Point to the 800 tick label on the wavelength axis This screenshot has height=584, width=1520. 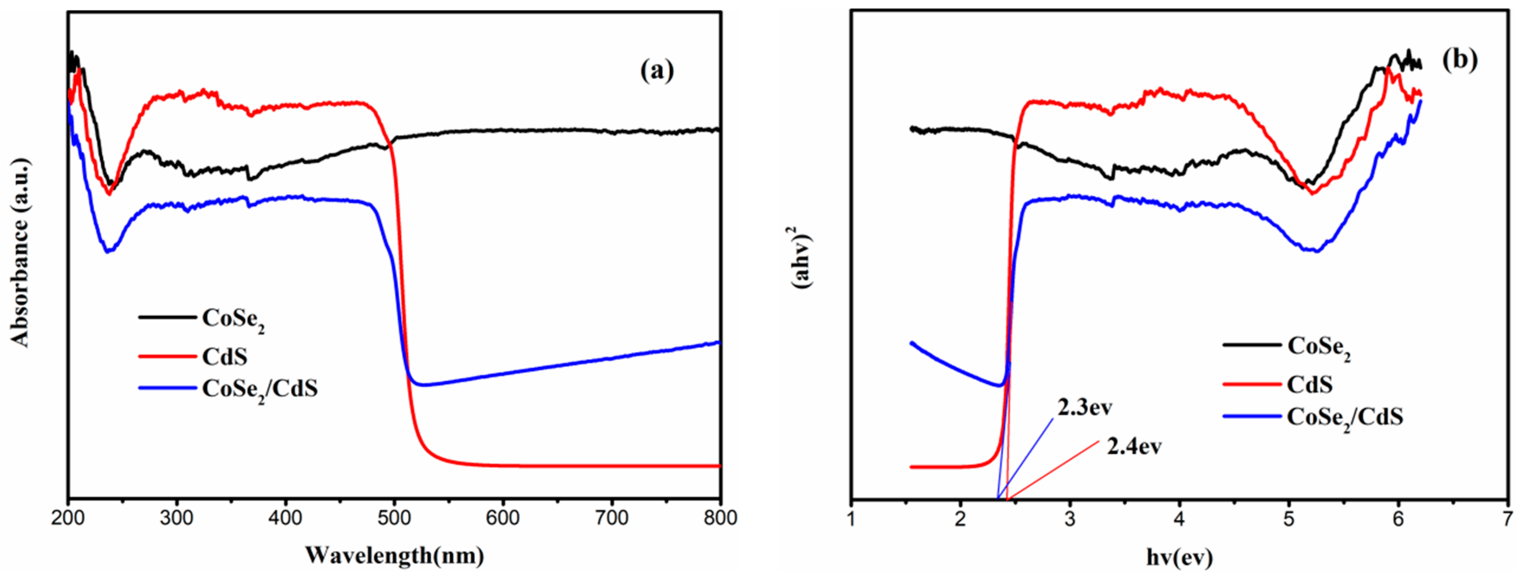coord(720,518)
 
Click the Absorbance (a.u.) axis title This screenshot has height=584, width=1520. coord(20,253)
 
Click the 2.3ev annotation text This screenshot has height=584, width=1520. coord(1085,407)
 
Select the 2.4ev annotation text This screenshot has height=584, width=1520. coord(1134,446)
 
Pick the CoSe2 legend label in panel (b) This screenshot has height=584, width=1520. coord(1319,347)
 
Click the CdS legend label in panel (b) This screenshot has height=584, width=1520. coord(1309,384)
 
